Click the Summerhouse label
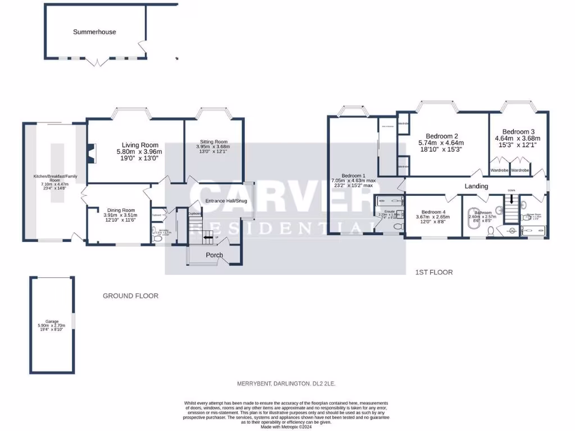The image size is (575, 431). tap(94, 32)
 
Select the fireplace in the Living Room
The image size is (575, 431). tap(92, 152)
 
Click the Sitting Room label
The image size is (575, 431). tap(213, 141)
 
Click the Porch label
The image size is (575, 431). tap(214, 255)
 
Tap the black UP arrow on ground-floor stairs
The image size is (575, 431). tap(209, 237)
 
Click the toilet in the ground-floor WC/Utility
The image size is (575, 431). tap(157, 239)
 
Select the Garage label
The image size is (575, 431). tap(52, 322)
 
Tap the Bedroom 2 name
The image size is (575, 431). tap(442, 136)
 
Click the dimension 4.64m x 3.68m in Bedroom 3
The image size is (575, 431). tap(517, 138)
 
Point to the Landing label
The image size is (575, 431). tap(476, 186)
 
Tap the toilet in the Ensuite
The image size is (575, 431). tap(398, 227)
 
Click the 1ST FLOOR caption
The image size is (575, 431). tap(433, 272)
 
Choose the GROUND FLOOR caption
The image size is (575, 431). tap(130, 296)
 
